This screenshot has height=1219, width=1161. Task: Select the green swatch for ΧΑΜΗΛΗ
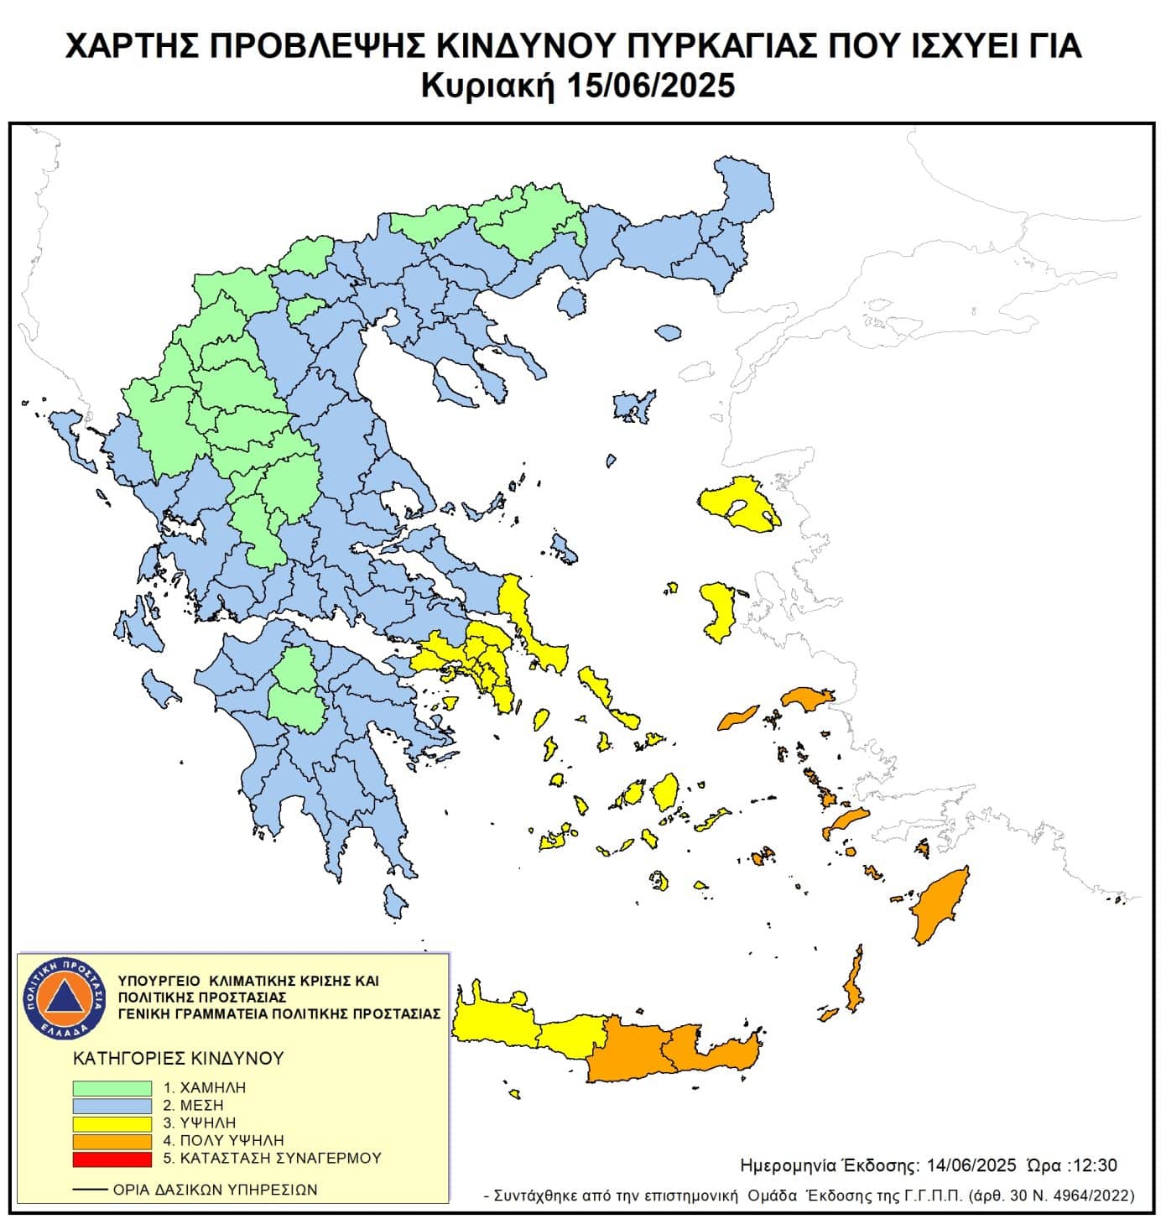tap(112, 1087)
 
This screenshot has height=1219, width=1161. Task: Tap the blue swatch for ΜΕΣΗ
tap(112, 1105)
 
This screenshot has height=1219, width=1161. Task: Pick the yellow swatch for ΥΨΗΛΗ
tap(112, 1123)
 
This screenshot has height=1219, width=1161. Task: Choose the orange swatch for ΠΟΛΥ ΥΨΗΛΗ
tap(112, 1141)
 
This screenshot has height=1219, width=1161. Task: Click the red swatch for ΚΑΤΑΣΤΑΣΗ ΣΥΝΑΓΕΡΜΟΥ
tap(112, 1159)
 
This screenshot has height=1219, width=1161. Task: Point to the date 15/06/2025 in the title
tap(650, 86)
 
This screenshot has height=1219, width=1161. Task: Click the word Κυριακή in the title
tap(487, 86)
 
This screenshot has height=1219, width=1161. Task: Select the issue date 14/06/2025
tap(971, 1165)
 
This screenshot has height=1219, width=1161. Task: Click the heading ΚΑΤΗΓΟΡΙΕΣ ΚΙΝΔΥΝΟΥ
tap(179, 1058)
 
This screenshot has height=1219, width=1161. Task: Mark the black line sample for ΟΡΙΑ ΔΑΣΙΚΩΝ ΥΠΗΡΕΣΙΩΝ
tap(90, 1190)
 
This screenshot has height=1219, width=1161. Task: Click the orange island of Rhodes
tap(940, 906)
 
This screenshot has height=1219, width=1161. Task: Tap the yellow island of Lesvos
tap(738, 503)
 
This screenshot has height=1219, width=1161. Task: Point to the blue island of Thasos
tap(571, 301)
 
